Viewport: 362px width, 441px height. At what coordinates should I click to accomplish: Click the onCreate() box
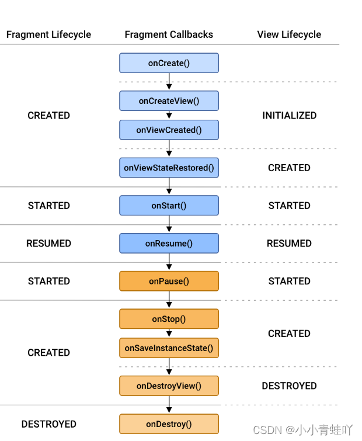(169, 63)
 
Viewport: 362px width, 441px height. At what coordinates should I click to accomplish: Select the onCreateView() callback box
(169, 101)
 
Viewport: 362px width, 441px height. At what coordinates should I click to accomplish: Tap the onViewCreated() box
(169, 130)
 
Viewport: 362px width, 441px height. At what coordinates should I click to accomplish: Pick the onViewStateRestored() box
(169, 168)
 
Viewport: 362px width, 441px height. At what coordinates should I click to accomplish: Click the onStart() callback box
(169, 206)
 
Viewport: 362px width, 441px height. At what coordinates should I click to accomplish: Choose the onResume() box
(169, 244)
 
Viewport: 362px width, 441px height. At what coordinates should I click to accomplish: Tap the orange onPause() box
(169, 281)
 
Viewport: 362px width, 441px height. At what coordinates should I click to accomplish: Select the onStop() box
(169, 319)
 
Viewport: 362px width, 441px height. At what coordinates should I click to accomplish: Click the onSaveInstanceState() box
(169, 348)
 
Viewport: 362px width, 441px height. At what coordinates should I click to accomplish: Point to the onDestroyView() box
(169, 386)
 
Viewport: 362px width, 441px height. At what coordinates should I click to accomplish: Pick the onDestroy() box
(169, 424)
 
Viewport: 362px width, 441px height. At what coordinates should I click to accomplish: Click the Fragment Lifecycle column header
(48, 34)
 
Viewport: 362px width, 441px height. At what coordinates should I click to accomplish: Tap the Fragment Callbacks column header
(169, 34)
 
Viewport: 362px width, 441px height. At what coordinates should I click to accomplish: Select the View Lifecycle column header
(289, 34)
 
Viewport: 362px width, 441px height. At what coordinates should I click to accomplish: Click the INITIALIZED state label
(289, 116)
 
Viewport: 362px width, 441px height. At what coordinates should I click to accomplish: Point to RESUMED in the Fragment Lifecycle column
(48, 244)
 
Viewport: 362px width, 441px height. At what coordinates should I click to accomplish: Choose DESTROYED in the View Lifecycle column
(289, 386)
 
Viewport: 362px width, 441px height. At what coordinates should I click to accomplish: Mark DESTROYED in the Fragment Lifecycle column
(48, 424)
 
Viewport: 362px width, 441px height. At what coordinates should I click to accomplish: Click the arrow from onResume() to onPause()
(169, 262)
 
